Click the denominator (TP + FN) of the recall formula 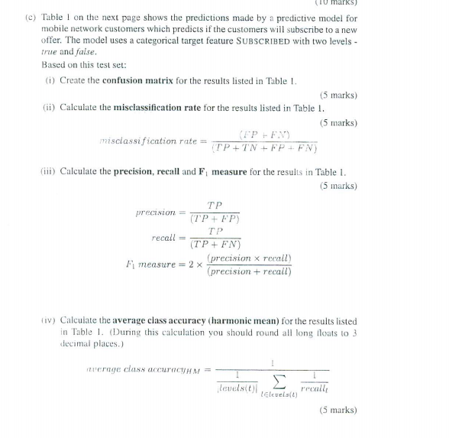tap(215, 245)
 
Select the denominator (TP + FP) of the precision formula tap(215, 219)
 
